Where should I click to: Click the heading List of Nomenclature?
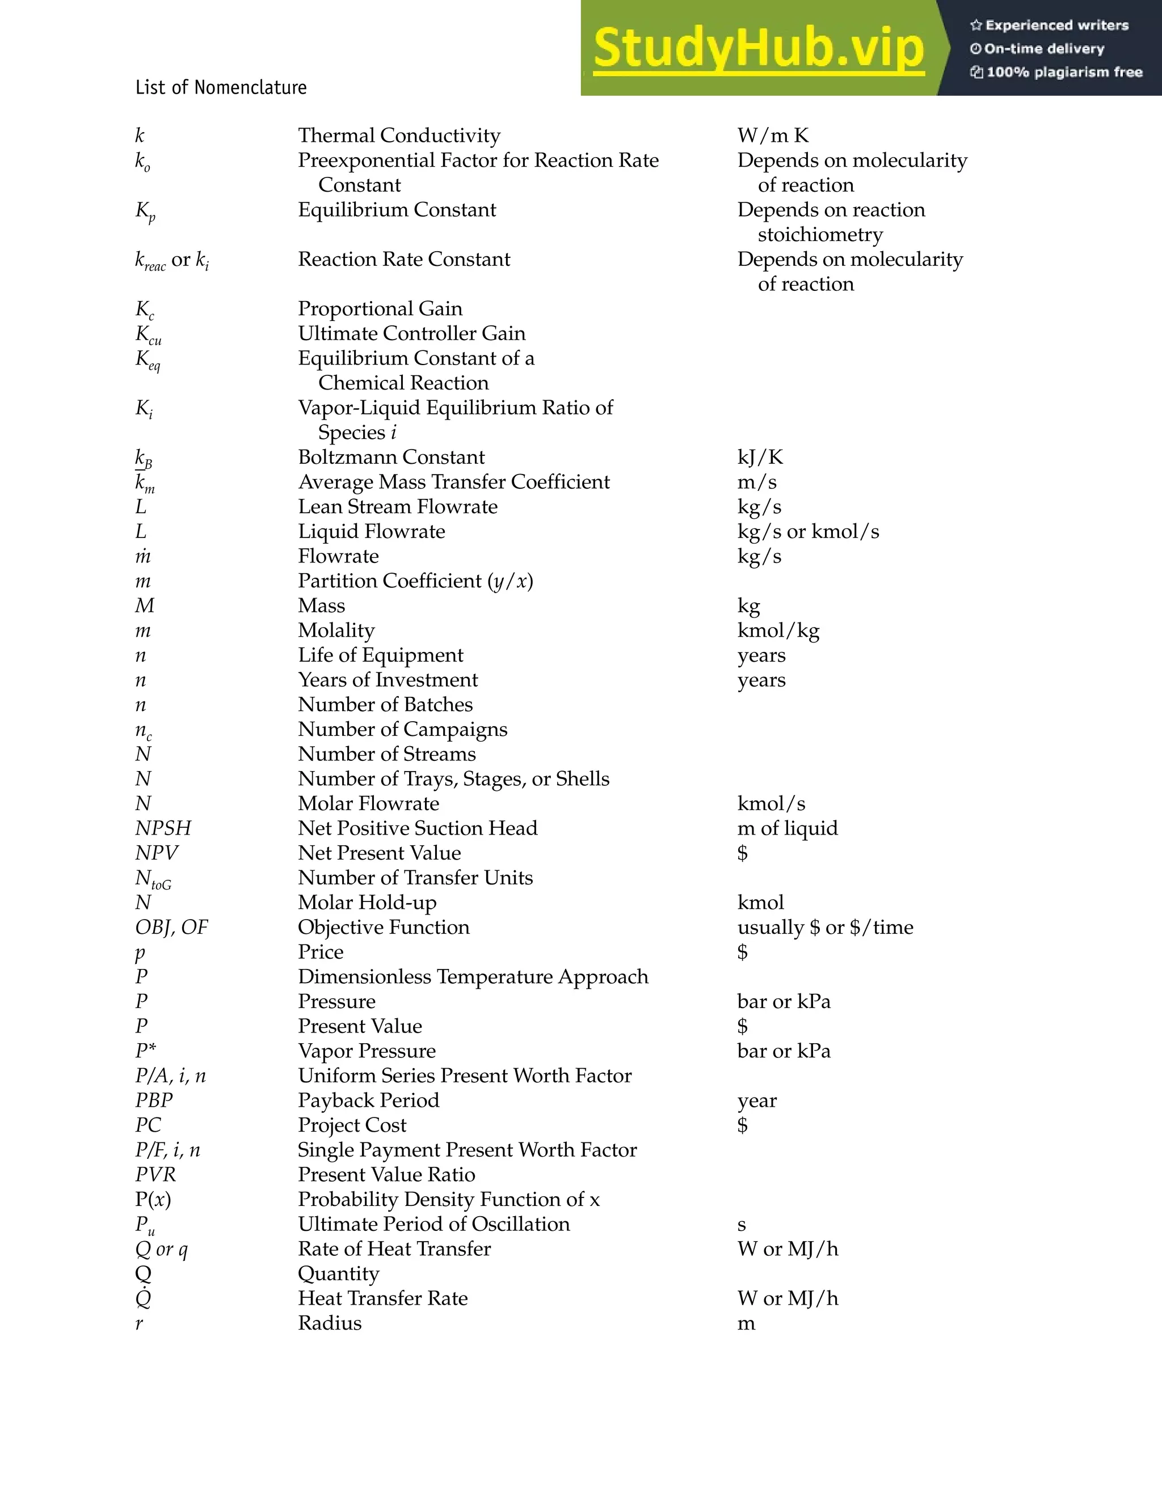(x=221, y=88)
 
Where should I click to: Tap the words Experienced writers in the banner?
(x=1056, y=25)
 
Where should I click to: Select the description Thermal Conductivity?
(x=399, y=136)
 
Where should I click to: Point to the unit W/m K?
(x=773, y=136)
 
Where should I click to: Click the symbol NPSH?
(x=163, y=828)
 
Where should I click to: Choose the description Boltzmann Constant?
(x=391, y=457)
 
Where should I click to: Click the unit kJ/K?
(x=760, y=457)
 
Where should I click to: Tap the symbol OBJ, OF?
(x=171, y=928)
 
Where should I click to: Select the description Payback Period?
(x=368, y=1100)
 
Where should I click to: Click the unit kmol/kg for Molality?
(x=778, y=630)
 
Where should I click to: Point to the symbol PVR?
(x=155, y=1174)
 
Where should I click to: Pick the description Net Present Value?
(x=379, y=853)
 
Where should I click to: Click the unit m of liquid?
(x=787, y=828)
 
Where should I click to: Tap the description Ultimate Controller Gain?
(x=411, y=333)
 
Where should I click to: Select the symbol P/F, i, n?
(x=167, y=1150)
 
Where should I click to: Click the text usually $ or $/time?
(x=825, y=928)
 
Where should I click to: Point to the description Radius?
(x=330, y=1323)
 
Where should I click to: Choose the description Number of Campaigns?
(x=402, y=729)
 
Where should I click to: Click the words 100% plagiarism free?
(x=1064, y=72)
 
